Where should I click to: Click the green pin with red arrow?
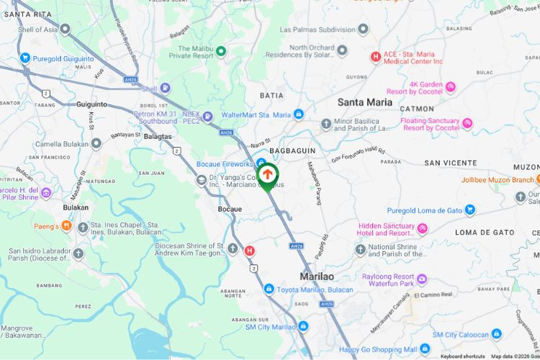tap(268, 176)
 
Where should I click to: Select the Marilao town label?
tap(318, 276)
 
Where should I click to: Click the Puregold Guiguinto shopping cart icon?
tap(25, 58)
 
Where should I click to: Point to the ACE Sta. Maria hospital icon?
tap(375, 57)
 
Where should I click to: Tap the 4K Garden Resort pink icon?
tap(451, 87)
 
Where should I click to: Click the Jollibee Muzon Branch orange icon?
tap(536, 179)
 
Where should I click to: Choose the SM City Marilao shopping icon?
tap(303, 327)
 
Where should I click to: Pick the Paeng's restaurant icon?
tap(66, 226)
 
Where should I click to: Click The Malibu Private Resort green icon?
tap(221, 51)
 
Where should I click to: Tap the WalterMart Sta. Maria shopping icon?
tap(298, 114)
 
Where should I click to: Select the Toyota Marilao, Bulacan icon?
tap(269, 289)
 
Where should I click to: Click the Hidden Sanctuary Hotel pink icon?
tap(423, 229)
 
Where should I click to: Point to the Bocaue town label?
tap(230, 209)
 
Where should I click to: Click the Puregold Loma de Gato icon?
tap(470, 210)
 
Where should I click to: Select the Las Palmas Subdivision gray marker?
tap(364, 30)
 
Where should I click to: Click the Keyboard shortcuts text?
tap(463, 356)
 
